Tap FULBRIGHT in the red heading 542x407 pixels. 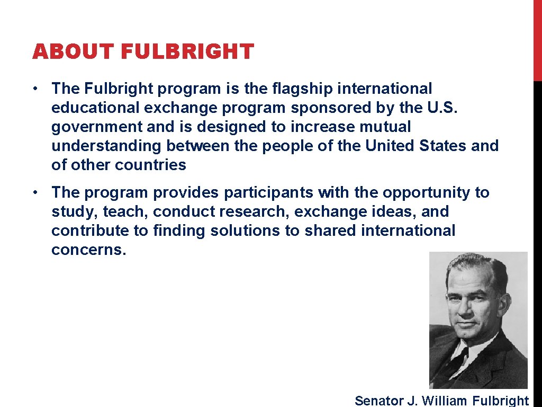coord(187,52)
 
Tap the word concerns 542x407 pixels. coord(89,250)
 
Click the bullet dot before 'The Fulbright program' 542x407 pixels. coord(33,89)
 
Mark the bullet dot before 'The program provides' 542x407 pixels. coord(33,192)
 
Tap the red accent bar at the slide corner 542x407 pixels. coord(537,40)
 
